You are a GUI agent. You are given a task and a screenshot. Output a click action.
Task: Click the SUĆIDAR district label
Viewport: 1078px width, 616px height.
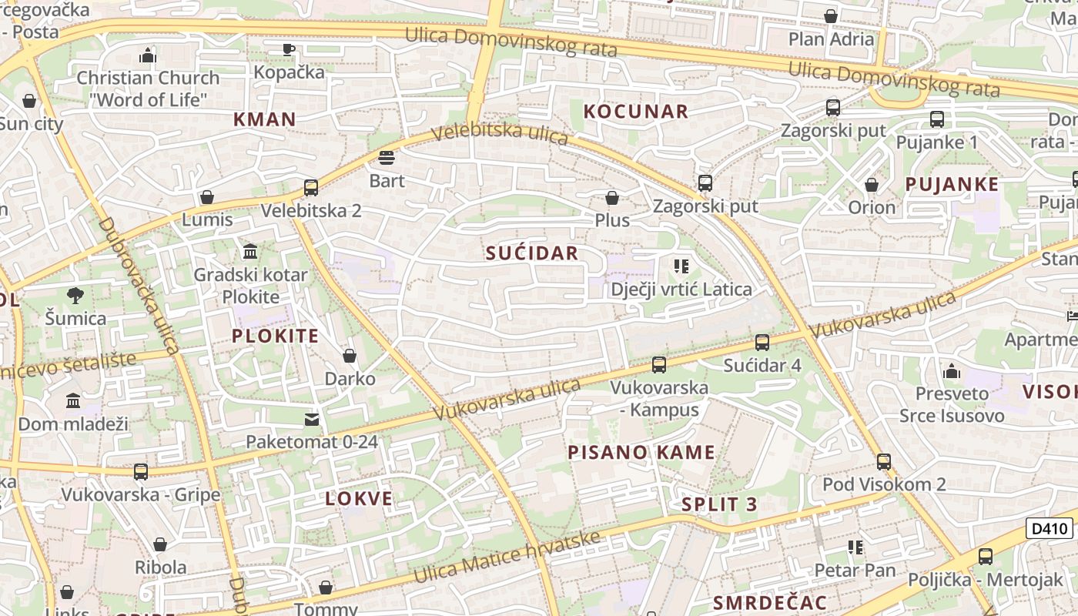pos(531,253)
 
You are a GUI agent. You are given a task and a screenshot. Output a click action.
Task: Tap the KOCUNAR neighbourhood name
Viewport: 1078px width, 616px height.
pos(635,112)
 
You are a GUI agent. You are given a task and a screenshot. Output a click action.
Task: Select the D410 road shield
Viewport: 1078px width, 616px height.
pos(1050,528)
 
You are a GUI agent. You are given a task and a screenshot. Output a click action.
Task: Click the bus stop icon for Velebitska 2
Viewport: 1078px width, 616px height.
pos(311,188)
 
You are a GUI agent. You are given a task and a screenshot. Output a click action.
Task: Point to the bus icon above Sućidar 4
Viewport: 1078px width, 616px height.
pos(762,343)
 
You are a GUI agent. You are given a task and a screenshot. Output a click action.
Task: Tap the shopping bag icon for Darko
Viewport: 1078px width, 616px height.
pos(350,356)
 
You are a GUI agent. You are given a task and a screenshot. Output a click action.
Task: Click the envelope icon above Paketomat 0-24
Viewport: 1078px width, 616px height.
pos(312,420)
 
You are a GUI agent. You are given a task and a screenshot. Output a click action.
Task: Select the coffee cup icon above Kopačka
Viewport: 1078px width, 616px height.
pos(289,49)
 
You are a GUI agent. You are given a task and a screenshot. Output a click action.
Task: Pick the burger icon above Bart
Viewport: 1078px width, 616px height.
pos(387,158)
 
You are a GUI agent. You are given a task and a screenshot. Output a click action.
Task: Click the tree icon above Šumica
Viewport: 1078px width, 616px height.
pos(75,295)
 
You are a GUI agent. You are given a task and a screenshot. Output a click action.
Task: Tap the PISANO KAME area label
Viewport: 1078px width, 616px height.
pos(641,452)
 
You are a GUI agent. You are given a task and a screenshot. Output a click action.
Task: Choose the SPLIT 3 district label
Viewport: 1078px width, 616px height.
pos(719,505)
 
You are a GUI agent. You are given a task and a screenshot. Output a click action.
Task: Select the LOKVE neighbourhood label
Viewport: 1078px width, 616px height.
pos(359,498)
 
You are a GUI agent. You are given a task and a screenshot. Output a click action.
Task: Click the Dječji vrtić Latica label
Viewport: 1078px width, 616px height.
pos(681,290)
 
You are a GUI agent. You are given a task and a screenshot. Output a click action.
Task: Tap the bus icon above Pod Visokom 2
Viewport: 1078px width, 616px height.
pos(884,462)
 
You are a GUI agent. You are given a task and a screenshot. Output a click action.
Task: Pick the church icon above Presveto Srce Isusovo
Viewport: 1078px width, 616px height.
pos(952,371)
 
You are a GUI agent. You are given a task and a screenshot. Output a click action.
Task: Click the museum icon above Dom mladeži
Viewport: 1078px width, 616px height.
pos(73,400)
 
